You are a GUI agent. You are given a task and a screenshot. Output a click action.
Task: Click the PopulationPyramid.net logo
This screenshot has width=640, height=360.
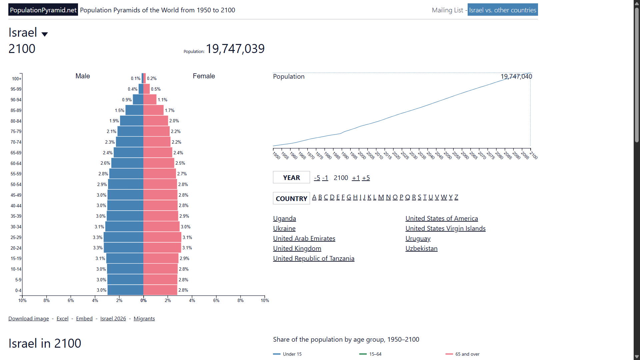[43, 10]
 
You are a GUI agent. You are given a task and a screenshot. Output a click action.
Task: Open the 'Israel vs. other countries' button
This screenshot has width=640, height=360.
[503, 10]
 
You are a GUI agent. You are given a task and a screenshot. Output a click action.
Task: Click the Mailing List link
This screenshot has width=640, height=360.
[447, 10]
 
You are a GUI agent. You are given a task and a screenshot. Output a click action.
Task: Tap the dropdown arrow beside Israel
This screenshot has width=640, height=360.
[45, 34]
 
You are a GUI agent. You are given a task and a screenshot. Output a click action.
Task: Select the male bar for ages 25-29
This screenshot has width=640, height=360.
[123, 237]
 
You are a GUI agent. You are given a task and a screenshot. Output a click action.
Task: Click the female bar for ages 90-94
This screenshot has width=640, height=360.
[150, 100]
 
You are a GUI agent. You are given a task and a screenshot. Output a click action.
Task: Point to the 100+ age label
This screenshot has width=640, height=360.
[17, 79]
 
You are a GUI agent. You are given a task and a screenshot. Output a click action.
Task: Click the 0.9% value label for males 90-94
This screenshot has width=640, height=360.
[127, 100]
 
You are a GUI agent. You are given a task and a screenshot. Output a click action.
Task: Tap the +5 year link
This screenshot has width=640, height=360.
[366, 178]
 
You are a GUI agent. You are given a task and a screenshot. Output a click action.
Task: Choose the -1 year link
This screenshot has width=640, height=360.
[325, 178]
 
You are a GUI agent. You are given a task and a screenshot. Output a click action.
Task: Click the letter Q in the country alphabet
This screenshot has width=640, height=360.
[407, 197]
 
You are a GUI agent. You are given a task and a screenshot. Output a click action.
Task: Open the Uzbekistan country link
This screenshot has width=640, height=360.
[421, 248]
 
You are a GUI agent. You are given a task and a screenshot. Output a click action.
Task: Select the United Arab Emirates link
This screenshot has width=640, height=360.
[304, 238]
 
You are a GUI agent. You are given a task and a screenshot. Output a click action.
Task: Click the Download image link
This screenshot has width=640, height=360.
[29, 319]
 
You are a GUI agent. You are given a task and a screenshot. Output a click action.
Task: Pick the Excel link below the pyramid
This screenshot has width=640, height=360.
[62, 319]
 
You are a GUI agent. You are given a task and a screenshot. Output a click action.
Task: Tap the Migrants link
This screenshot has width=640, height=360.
[144, 319]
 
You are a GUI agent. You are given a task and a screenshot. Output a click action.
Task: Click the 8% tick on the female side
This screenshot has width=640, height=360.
[240, 300]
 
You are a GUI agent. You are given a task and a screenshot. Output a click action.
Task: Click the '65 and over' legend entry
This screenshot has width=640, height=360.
[463, 354]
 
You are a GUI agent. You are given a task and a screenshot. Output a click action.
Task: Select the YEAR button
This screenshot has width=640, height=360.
[291, 178]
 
